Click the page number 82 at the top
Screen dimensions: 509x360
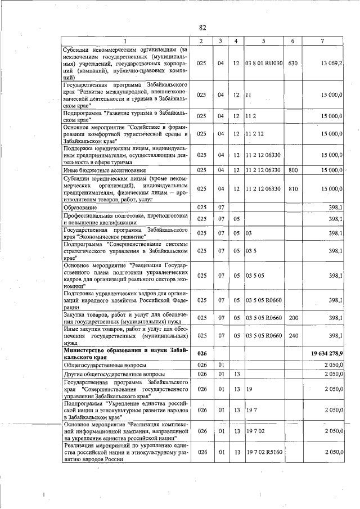202,28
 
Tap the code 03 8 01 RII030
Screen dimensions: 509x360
264,63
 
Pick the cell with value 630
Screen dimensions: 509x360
292,63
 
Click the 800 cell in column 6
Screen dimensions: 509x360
292,170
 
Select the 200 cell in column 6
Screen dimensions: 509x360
292,318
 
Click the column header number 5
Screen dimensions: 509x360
263,41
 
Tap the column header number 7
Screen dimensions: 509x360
322,41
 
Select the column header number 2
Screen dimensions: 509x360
201,41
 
